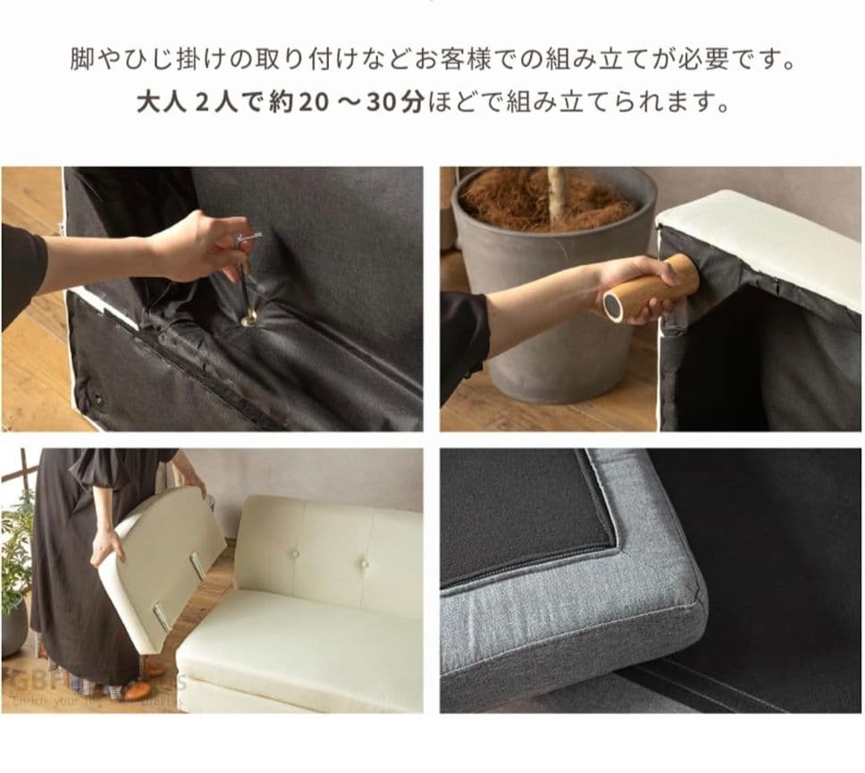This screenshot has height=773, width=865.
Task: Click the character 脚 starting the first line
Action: [x=80, y=61]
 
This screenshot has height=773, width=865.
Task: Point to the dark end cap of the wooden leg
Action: [x=614, y=308]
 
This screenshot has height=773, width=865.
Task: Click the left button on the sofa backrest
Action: [x=297, y=554]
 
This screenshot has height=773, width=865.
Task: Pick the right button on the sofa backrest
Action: [x=364, y=564]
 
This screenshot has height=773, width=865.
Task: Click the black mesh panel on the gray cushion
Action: [x=527, y=514]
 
